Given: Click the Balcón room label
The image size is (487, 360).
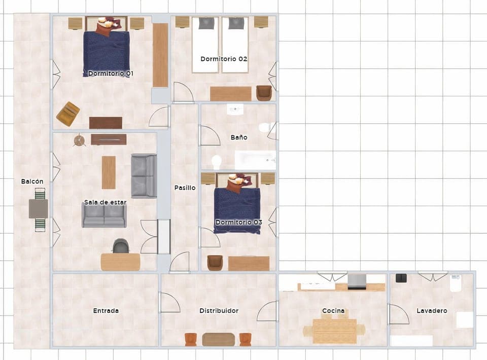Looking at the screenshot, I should click(32, 182).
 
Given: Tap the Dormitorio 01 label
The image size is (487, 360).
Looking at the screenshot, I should click(111, 74).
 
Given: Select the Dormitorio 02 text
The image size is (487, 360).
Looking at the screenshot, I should click(224, 59).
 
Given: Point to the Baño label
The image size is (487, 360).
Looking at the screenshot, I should click(239, 137).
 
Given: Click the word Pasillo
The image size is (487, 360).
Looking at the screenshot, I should click(185, 188).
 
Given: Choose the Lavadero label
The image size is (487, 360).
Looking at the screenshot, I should click(432, 311).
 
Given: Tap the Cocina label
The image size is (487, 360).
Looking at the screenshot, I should click(333, 311).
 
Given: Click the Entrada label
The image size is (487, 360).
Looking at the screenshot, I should click(106, 311).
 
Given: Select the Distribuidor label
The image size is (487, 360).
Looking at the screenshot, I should click(219, 311).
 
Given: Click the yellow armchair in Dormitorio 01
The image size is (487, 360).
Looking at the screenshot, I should click(68, 114).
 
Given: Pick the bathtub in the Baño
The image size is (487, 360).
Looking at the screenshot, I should click(255, 160).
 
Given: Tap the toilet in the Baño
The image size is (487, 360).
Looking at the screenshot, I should click(217, 162).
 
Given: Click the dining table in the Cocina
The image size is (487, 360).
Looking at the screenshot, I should click(334, 331).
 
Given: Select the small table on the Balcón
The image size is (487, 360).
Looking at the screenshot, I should click(39, 208).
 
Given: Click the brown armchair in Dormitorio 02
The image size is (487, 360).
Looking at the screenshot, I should click(264, 93).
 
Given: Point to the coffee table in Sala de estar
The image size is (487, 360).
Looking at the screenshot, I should click(109, 172).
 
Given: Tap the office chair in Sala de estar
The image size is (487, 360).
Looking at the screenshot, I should click(120, 246).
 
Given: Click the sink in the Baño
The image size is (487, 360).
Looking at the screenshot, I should click(235, 110).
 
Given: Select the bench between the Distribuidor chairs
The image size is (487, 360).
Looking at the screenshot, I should click(218, 339).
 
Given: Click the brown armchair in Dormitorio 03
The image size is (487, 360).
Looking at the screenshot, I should click(215, 262).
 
